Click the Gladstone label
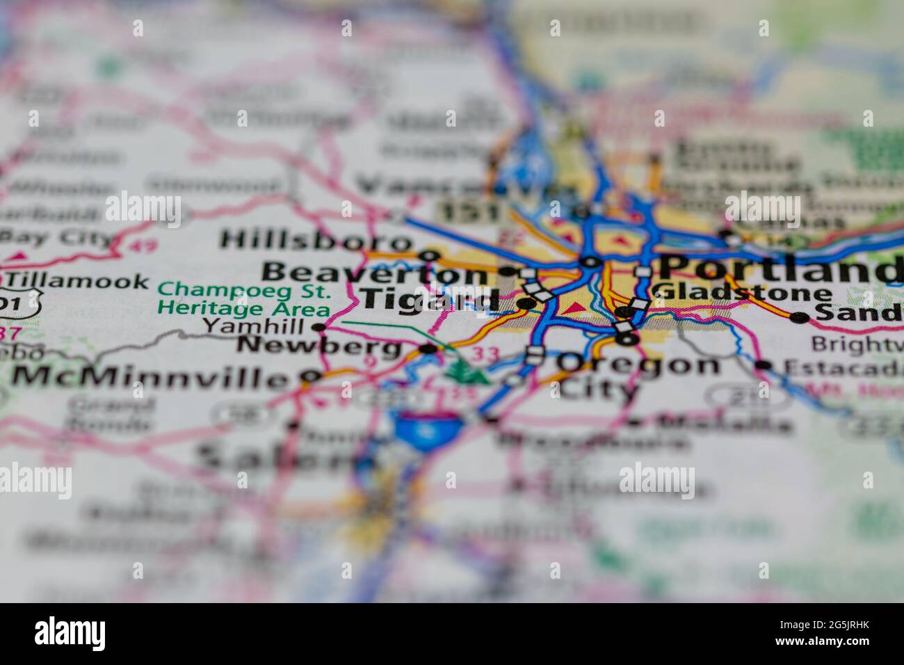click(743, 293)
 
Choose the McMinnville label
click(150, 378)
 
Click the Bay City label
click(56, 239)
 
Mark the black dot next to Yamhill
click(319, 327)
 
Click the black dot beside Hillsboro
click(430, 255)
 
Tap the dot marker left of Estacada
click(764, 364)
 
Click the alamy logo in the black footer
click(71, 634)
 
